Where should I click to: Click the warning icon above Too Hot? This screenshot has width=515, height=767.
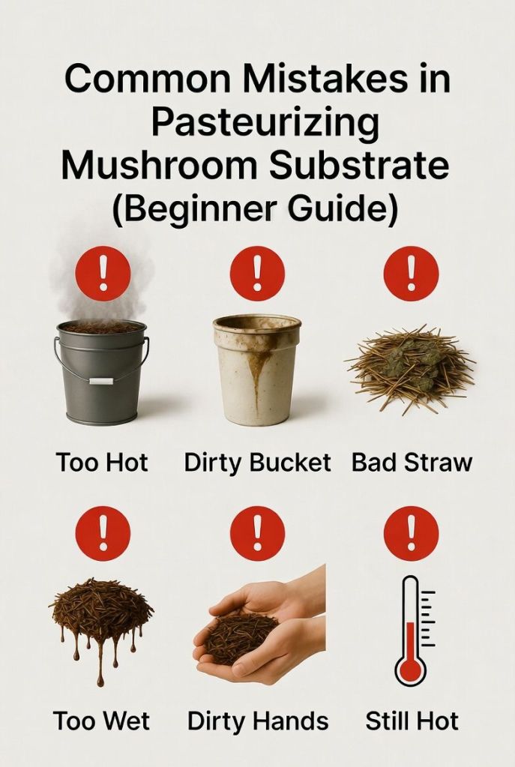[x=103, y=274]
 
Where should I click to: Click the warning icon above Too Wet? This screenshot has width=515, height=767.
[x=103, y=533]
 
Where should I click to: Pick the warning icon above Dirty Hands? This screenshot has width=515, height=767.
[x=257, y=533]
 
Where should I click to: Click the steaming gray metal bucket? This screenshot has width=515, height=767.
[x=101, y=371]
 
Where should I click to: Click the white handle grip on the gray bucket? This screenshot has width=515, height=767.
[x=100, y=381]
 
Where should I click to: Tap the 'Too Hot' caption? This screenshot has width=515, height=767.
[x=102, y=463]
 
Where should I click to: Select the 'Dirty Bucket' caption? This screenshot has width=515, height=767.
[x=257, y=463]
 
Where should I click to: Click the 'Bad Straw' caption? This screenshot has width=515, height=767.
[x=412, y=463]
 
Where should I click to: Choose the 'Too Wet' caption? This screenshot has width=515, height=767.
[x=102, y=721]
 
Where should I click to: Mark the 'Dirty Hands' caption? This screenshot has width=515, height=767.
[x=257, y=721]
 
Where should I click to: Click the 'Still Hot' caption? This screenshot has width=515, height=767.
[x=412, y=721]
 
